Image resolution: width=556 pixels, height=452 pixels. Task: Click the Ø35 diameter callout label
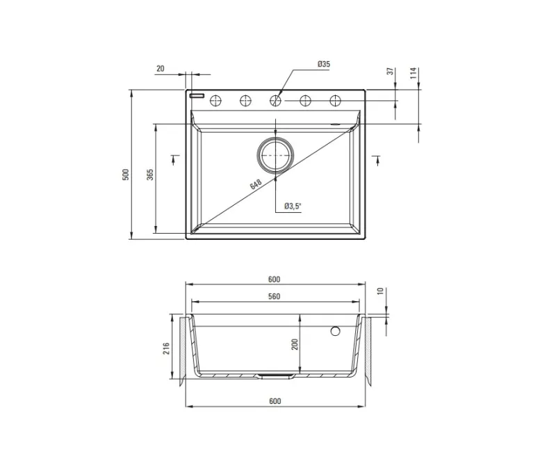324,64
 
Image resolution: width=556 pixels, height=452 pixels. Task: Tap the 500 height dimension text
126,175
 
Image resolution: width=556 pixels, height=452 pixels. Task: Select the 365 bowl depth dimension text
150,175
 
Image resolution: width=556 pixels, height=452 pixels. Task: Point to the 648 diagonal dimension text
256,184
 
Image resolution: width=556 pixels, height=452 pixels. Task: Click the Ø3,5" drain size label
293,206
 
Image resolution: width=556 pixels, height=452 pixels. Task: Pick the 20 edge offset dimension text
161,68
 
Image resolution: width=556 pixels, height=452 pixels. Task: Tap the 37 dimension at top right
391,71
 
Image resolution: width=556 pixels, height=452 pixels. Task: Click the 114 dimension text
414,74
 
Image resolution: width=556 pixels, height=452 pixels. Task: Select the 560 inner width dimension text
274,296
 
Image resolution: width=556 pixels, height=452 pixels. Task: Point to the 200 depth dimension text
295,344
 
